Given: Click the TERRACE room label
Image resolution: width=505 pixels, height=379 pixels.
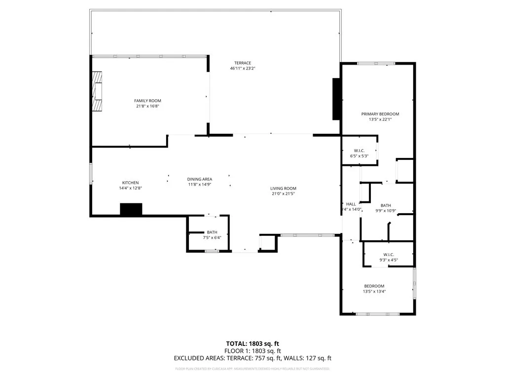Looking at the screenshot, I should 242,63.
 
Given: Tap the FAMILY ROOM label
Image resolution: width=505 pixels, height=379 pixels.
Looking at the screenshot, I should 147,101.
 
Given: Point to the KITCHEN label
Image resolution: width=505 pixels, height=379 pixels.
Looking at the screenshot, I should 131,183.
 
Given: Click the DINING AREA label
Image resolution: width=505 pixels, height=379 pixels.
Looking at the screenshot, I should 199,179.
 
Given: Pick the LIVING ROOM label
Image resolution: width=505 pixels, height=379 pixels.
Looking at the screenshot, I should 283,188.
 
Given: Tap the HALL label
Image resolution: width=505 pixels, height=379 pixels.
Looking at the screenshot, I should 351,204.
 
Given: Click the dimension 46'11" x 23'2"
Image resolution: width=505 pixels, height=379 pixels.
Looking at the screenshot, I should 242,69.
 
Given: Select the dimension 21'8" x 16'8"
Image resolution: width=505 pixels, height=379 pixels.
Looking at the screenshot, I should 147,106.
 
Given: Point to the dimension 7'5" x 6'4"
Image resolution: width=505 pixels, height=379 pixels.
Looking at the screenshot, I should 212,237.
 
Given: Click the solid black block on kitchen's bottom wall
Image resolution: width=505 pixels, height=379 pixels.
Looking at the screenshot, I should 131,209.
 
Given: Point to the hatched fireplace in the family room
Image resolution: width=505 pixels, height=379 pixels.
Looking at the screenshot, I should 97,92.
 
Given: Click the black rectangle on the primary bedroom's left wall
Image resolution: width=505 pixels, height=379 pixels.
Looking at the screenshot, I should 336,99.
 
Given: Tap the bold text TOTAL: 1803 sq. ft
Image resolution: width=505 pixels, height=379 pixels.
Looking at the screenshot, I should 252,343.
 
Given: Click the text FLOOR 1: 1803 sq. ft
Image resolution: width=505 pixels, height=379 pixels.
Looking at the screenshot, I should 252,351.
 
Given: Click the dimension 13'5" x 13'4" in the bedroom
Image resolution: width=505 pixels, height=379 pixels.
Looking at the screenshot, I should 374,291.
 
